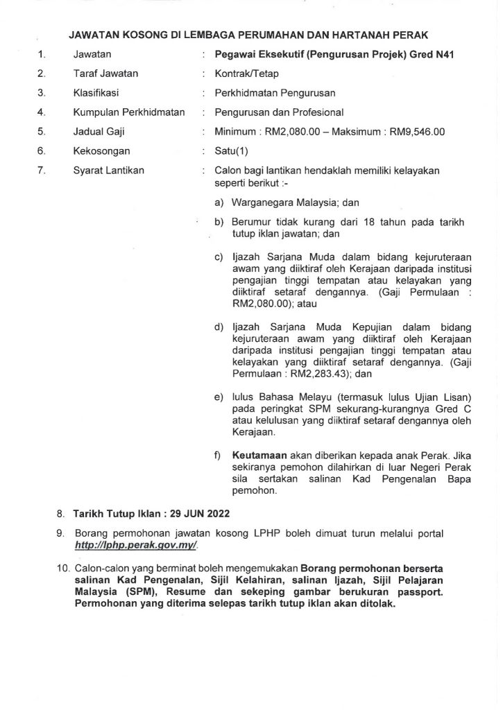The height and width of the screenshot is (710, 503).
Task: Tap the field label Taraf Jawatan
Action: (x=105, y=73)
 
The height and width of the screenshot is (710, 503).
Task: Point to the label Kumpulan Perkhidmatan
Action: (x=128, y=112)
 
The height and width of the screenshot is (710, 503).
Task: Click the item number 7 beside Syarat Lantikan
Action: (x=42, y=170)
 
